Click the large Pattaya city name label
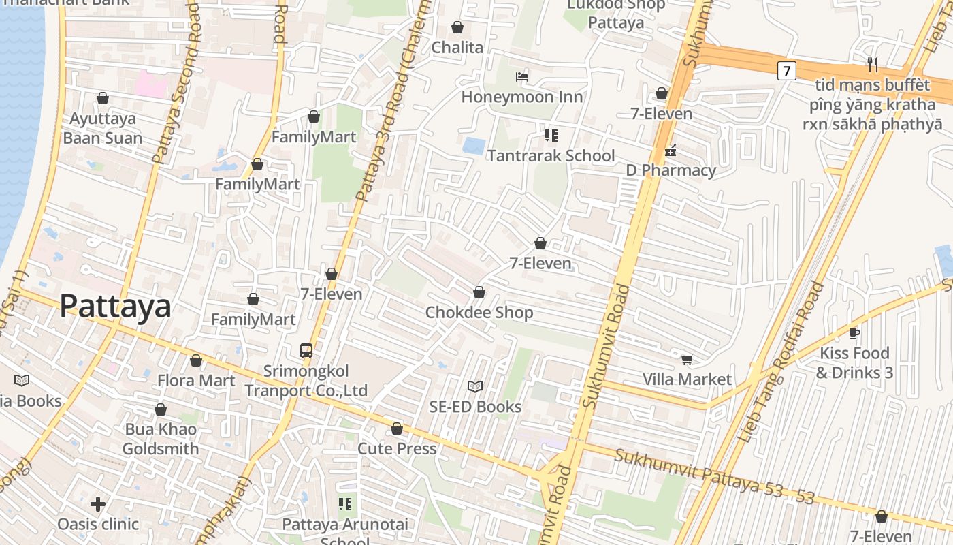pos(115,307)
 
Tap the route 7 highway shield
pos(786,70)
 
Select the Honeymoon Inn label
pos(522,97)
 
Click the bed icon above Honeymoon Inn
pos(522,77)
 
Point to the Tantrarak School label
pos(551,155)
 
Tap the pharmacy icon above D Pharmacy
pos(671,151)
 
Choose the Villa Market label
pos(687,379)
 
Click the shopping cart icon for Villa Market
pos(687,359)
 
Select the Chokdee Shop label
pos(479,313)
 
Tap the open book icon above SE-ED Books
pos(475,387)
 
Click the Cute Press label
pos(397,449)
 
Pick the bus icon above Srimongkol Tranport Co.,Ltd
pos(306,351)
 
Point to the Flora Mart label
pos(196,380)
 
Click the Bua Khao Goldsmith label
pos(161,439)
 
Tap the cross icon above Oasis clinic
pos(98,504)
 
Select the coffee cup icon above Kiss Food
pos(854,333)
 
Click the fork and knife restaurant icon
pos(873,65)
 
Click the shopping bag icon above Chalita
pos(457,27)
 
